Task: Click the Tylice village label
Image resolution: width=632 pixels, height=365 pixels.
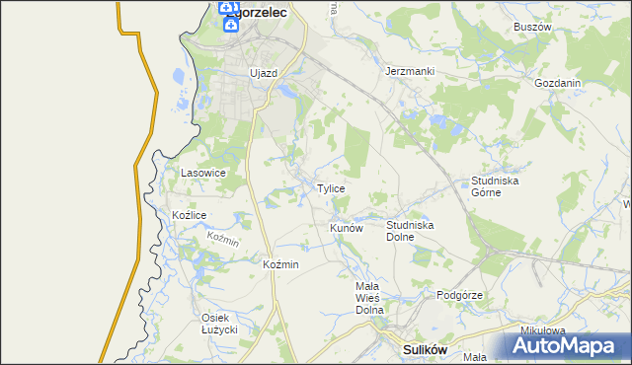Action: pos(330,188)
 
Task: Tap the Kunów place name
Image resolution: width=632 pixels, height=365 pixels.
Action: pos(347,228)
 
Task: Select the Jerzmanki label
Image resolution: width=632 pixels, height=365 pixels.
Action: pos(410,72)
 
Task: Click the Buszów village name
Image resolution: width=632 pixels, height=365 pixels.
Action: pos(531,28)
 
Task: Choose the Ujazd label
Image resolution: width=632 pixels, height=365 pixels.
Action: pos(264,73)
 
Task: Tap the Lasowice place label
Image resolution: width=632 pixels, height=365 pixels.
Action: pos(203,173)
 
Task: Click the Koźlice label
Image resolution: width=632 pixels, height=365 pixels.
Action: pos(189,215)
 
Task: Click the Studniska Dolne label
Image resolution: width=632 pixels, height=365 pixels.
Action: pos(410,231)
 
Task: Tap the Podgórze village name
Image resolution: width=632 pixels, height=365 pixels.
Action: pos(459,295)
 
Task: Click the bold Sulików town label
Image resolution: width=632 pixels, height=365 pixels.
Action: pos(427,349)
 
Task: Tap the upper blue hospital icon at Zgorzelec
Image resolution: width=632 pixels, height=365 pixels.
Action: pos(229,10)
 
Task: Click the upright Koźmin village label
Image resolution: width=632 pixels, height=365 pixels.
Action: pos(281,264)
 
